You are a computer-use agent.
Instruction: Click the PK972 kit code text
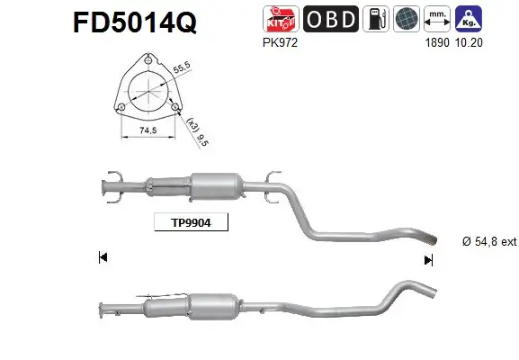coord(276,41)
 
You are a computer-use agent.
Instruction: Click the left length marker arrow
coord(103,258)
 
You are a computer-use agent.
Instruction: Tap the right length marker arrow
coord(428,259)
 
